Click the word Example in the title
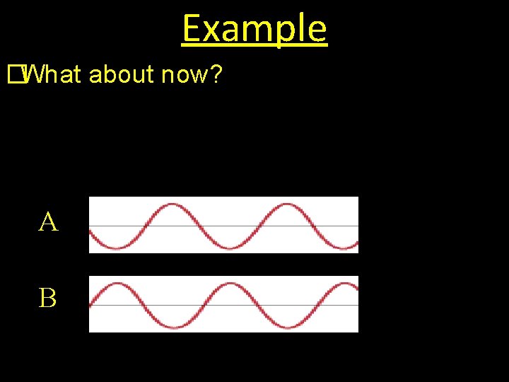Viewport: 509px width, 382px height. click(x=255, y=29)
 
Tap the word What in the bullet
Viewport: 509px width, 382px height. click(x=53, y=74)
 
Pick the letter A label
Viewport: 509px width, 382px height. click(x=48, y=223)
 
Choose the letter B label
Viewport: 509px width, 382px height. click(x=48, y=299)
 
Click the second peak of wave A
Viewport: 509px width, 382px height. click(x=286, y=205)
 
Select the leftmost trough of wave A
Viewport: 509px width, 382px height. click(x=116, y=248)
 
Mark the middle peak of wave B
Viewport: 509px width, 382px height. click(x=230, y=284)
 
